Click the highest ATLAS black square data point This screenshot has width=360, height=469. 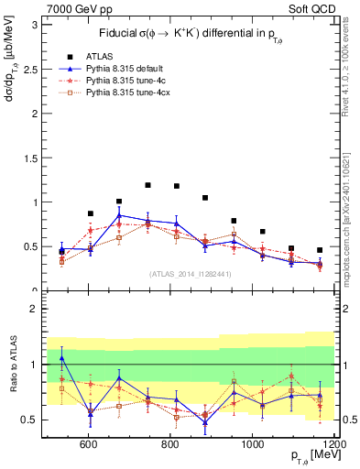[147, 185]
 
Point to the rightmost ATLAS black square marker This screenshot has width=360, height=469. [320, 250]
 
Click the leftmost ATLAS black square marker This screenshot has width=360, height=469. [61, 251]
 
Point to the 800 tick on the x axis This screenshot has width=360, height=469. [170, 446]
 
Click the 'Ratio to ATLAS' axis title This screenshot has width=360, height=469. [11, 366]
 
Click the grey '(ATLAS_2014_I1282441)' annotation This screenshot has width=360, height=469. [191, 274]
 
